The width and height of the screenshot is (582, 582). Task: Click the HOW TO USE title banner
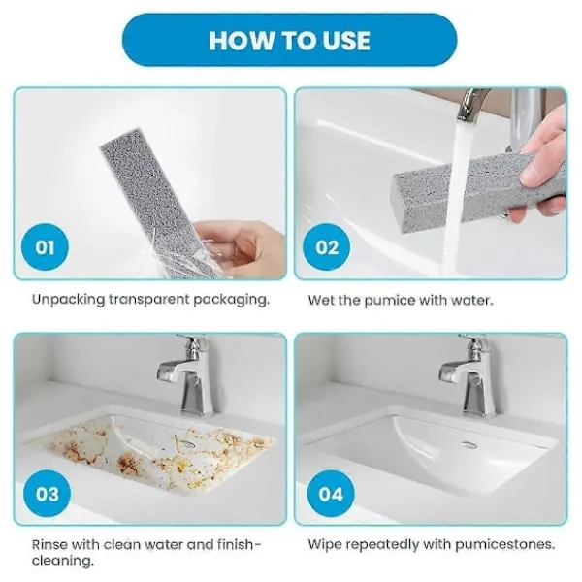(289, 40)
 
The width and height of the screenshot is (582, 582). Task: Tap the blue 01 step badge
(45, 247)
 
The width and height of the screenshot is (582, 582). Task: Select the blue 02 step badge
(327, 247)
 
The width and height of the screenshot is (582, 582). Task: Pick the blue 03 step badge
(47, 494)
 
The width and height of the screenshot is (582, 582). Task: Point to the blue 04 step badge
(331, 494)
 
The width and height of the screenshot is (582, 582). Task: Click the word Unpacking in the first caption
(68, 299)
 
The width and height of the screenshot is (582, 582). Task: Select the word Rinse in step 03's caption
(49, 544)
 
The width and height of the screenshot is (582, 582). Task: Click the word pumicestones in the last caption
(504, 545)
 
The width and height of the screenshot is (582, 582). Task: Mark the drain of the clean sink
(469, 443)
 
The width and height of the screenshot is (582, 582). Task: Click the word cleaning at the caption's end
(62, 561)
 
